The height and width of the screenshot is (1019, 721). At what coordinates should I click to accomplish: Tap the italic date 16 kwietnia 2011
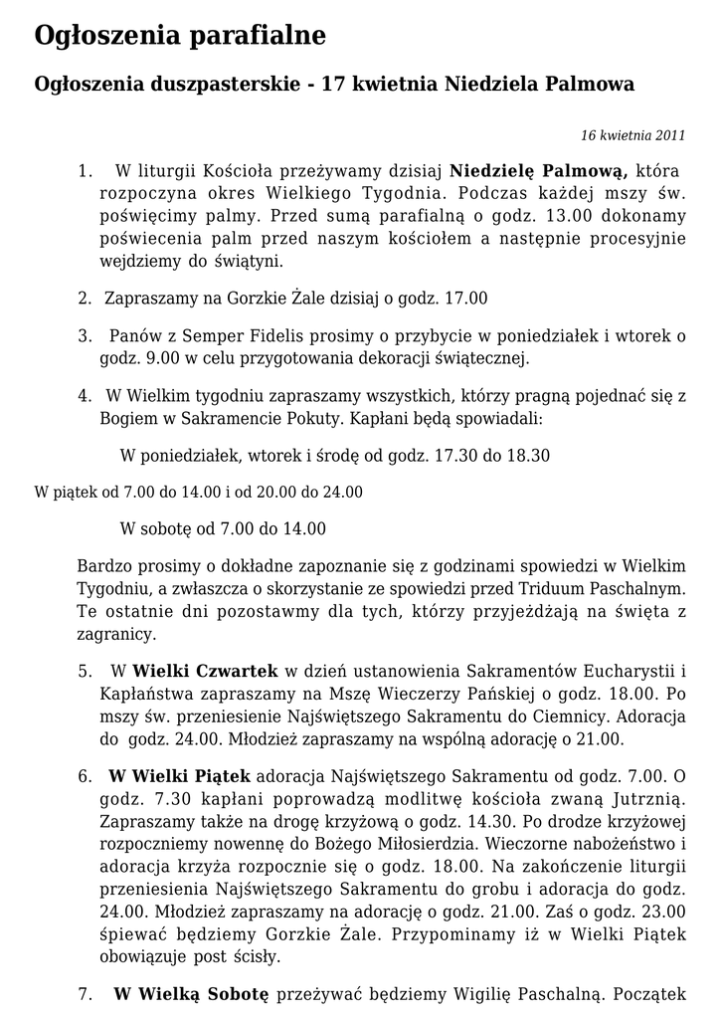(632, 135)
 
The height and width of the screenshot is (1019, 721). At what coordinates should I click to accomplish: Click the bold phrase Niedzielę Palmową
(538, 170)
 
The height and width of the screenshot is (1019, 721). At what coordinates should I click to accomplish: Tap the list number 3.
(85, 335)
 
